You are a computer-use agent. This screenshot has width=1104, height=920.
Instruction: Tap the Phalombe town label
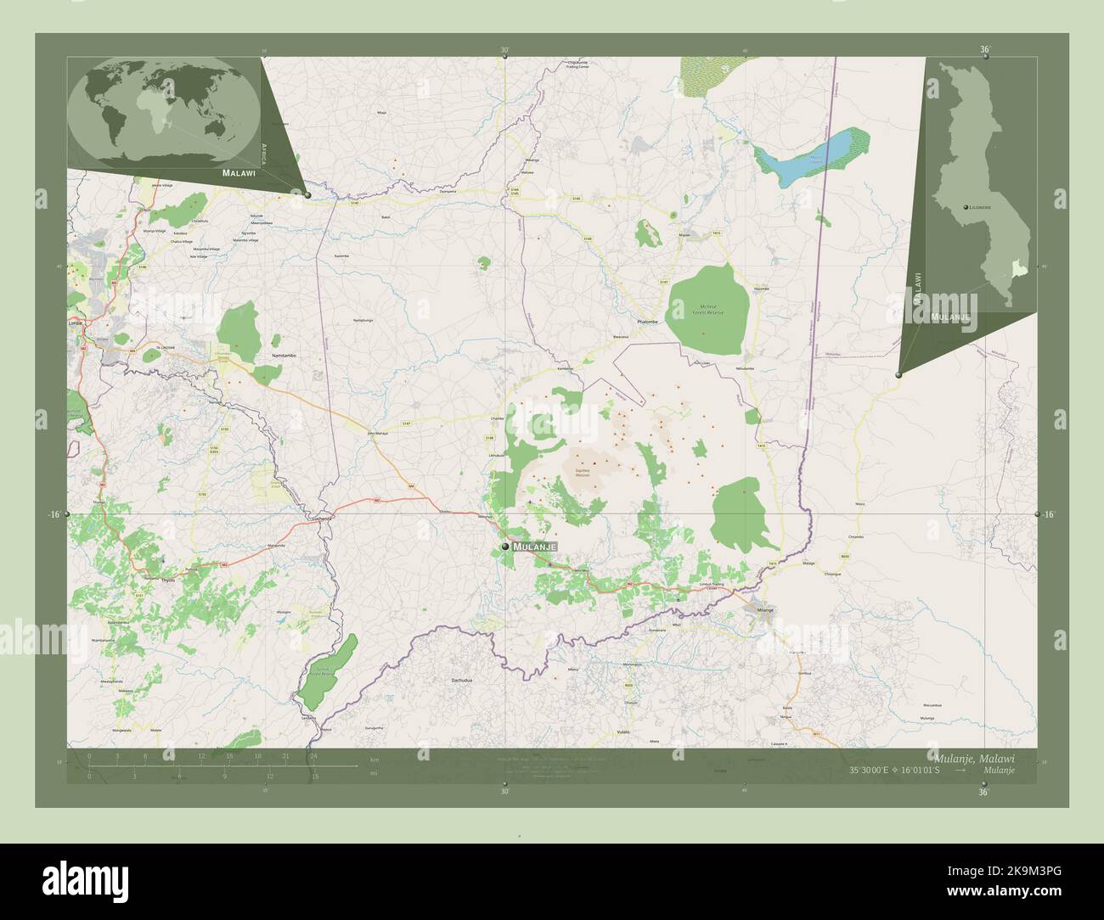[649, 323]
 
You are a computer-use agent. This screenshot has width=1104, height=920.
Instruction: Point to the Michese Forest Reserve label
[709, 309]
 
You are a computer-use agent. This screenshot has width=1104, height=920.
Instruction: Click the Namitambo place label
[283, 356]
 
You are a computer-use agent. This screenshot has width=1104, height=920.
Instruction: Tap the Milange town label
[765, 610]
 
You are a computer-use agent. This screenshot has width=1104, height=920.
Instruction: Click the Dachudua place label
[461, 681]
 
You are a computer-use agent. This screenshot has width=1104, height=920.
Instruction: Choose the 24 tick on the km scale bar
[313, 755]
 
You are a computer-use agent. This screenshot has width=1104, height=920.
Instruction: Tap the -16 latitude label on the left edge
[54, 514]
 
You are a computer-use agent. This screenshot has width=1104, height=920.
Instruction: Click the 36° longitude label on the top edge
[984, 50]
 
